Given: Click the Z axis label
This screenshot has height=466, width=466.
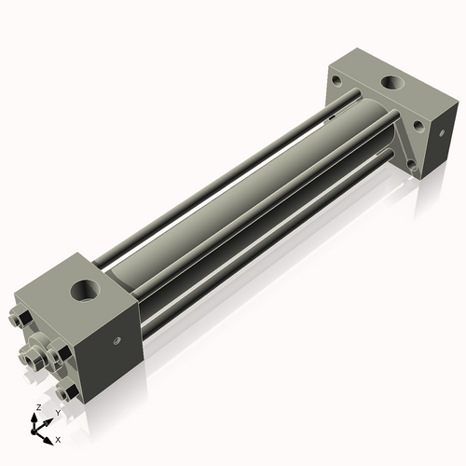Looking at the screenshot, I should (x=36, y=407).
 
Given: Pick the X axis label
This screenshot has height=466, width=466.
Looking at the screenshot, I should (x=58, y=438).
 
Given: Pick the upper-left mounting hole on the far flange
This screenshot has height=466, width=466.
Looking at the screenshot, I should (x=334, y=81).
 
